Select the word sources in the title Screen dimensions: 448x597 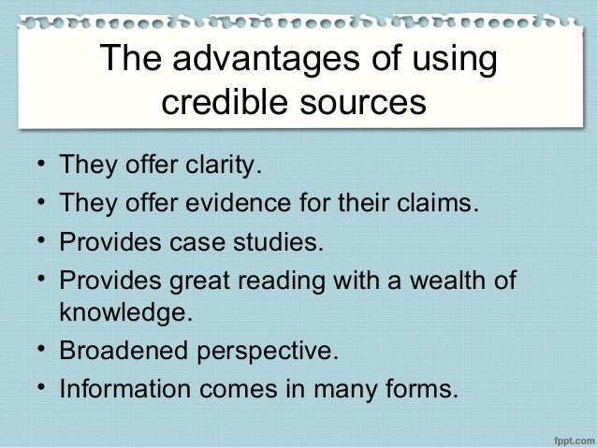pos(360,100)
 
